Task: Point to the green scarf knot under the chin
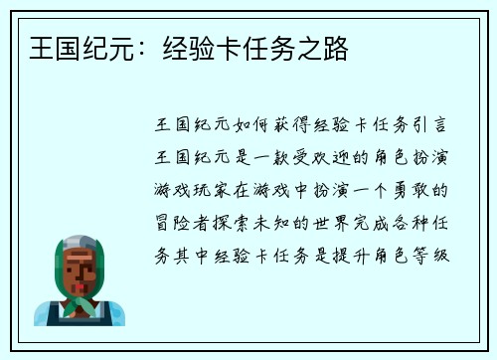[x=82, y=301]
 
